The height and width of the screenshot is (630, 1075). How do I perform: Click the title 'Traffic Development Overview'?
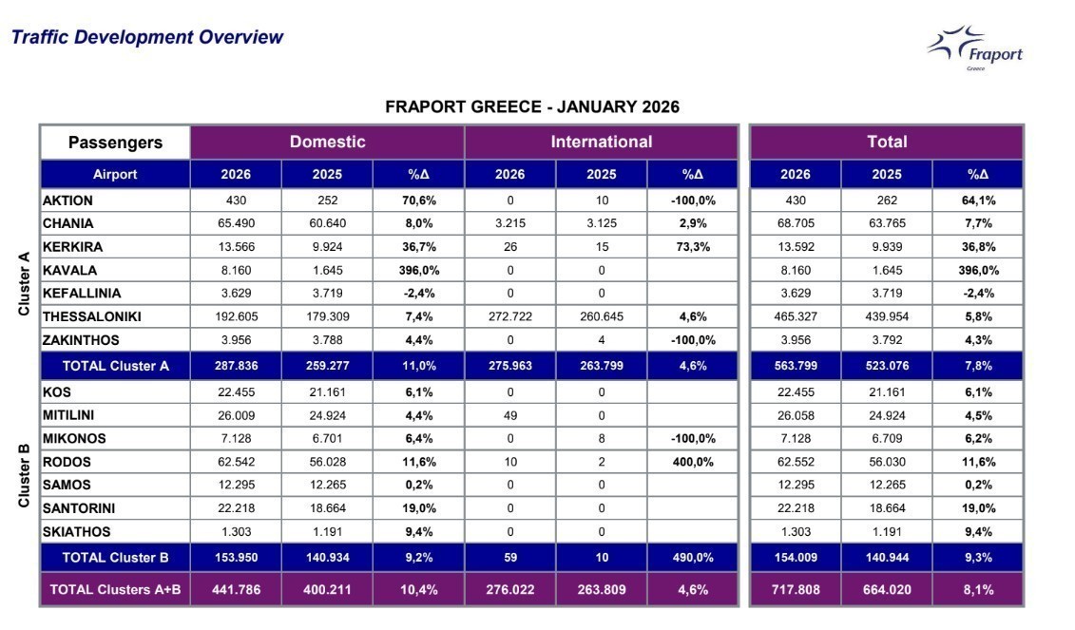click(147, 38)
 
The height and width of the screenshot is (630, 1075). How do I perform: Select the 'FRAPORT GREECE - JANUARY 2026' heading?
click(531, 107)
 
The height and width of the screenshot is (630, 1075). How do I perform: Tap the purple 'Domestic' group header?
click(327, 143)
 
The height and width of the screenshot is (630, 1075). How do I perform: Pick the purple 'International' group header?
click(601, 143)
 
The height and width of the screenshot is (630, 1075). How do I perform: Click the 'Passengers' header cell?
click(115, 143)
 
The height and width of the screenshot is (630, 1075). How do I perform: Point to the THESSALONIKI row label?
click(94, 316)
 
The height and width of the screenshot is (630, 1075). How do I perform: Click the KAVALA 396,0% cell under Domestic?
click(418, 270)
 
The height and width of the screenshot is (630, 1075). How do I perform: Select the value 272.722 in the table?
click(509, 316)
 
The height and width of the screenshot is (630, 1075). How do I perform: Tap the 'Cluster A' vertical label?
click(25, 283)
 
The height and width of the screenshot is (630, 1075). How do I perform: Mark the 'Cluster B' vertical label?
click(25, 475)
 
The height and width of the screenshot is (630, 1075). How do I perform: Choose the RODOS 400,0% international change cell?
click(692, 462)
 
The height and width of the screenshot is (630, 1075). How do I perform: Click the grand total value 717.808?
click(795, 589)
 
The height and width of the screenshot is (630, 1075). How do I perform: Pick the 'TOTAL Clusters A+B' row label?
click(115, 589)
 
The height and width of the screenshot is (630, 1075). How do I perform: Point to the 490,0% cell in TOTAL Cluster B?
click(692, 557)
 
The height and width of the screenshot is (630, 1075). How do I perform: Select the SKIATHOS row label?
click(77, 532)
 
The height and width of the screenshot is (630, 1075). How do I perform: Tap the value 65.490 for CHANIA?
click(236, 223)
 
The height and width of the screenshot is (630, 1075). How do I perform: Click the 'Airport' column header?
click(115, 174)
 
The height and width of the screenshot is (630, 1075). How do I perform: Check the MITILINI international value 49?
click(509, 415)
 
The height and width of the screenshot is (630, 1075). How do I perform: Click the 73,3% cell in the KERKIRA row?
click(692, 247)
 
